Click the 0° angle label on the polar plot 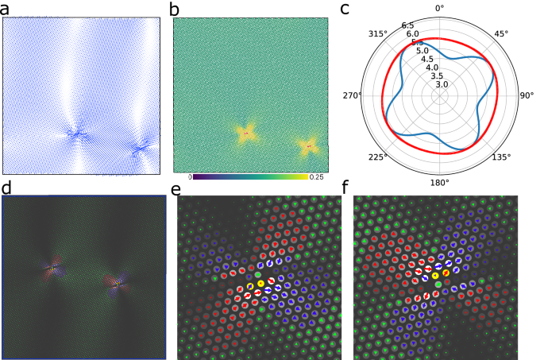click(x=441, y=9)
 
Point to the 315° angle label click(x=376, y=33)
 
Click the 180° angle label click(x=441, y=182)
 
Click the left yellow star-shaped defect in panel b click(x=246, y=134)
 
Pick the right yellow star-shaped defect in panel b click(x=309, y=145)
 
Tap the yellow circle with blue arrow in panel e click(x=249, y=285)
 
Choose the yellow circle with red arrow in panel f click(x=446, y=274)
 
